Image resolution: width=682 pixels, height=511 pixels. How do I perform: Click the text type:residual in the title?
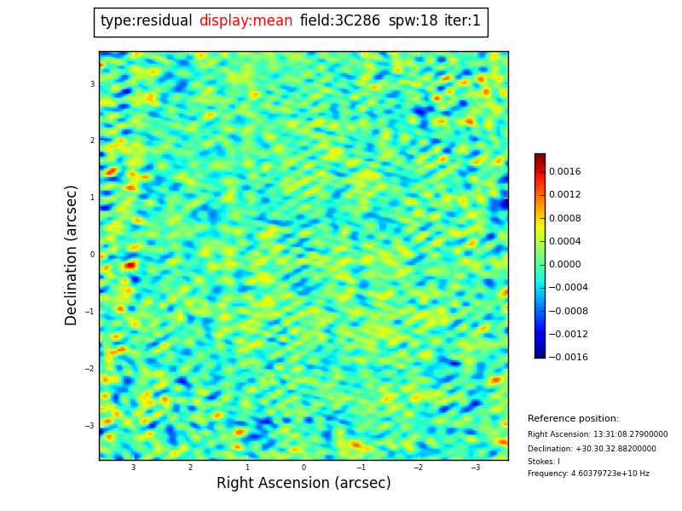tap(146, 21)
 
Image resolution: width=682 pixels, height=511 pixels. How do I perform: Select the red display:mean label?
tap(246, 21)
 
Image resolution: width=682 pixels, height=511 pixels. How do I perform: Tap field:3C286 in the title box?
tap(340, 21)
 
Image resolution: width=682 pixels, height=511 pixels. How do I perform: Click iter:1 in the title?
tap(462, 21)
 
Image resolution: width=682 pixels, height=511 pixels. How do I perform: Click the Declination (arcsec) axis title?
tap(72, 255)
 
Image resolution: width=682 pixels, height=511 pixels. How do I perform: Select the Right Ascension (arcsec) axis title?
tap(303, 483)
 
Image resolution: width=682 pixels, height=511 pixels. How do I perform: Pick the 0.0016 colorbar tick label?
tap(564, 171)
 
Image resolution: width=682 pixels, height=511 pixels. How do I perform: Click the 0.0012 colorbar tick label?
tap(564, 195)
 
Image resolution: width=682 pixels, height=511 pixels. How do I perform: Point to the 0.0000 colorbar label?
tap(564, 265)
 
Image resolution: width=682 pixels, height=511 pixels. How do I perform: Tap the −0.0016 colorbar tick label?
tap(566, 358)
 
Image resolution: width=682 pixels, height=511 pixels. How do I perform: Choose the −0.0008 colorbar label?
tap(566, 311)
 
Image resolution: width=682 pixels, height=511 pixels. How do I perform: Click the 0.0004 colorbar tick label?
tap(564, 242)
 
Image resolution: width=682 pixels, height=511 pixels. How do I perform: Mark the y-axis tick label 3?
tap(92, 84)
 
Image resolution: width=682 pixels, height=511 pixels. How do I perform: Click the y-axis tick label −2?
tap(90, 369)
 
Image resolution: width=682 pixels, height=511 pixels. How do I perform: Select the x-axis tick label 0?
tap(303, 468)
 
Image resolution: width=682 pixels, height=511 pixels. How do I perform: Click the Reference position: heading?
tap(573, 419)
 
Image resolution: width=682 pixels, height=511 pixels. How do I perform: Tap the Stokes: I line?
tap(544, 462)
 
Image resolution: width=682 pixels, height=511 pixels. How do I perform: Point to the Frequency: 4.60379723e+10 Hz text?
tap(588, 474)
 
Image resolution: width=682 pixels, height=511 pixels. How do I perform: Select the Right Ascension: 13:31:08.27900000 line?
tap(598, 434)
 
